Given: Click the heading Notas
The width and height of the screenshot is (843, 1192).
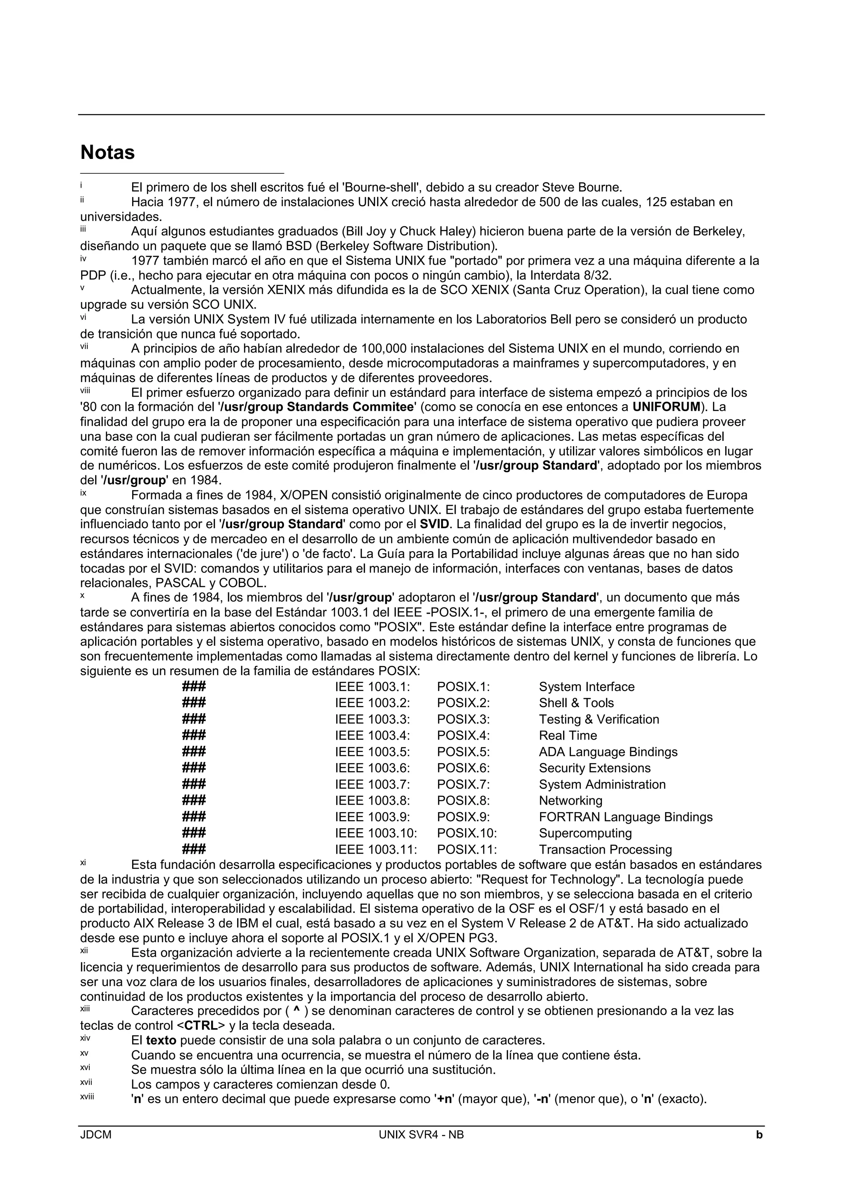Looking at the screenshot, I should pyautogui.click(x=107, y=153).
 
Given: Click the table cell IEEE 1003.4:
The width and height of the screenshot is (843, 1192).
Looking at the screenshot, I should pyautogui.click(x=372, y=735).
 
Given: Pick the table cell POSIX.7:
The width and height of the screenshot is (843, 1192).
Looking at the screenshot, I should pyautogui.click(x=463, y=784).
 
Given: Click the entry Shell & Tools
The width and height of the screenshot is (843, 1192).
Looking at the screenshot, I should pyautogui.click(x=576, y=703).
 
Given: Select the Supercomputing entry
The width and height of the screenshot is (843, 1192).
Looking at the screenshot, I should pyautogui.click(x=585, y=833).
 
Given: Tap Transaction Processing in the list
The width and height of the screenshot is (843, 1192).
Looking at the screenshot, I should pyautogui.click(x=605, y=850).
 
